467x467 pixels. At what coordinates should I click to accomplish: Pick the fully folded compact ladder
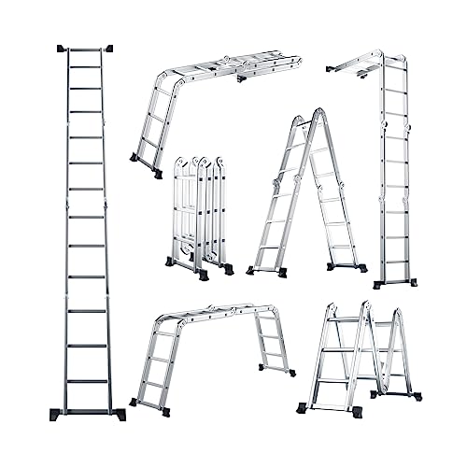[x=200, y=215]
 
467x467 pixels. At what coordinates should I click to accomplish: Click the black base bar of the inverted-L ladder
[x=394, y=283]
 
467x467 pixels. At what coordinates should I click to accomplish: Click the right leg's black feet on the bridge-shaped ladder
[x=277, y=370]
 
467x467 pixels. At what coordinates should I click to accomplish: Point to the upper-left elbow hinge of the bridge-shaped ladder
[x=170, y=318]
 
